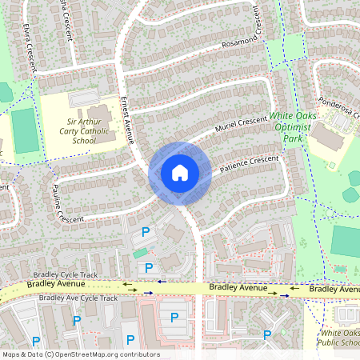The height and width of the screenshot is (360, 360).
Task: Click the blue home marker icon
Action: click(180, 173)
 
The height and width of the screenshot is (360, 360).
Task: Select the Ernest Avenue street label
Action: click(125, 120)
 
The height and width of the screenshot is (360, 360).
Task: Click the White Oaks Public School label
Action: click(339, 338)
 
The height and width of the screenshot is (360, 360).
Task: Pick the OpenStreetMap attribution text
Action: click(80, 354)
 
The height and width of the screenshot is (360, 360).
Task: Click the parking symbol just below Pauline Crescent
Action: click(146, 232)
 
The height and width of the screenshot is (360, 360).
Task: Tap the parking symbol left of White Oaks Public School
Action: click(268, 335)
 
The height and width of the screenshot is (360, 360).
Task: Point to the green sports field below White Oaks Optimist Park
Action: click(346, 241)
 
